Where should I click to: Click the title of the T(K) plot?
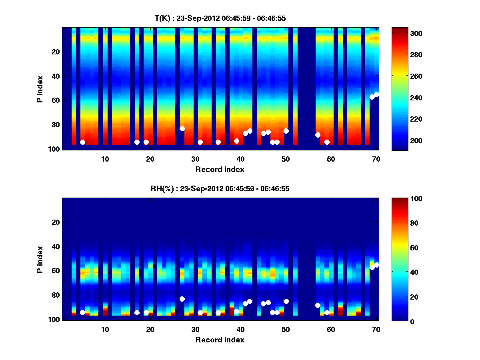tap(220, 18)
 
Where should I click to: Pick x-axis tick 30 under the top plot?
tap(195, 158)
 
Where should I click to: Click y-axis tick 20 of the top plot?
tap(55, 52)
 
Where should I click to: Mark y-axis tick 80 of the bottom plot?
tap(55, 295)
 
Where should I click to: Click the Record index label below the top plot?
tap(220, 169)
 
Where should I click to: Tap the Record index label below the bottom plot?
tap(220, 340)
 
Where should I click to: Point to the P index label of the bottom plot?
tap(40, 259)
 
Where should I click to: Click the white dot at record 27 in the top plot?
tap(182, 128)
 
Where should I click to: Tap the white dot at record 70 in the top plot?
tap(376, 94)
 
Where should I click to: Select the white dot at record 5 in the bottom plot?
tap(82, 312)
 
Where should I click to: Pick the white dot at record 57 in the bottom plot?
tap(318, 305)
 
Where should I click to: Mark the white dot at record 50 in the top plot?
tap(286, 131)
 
